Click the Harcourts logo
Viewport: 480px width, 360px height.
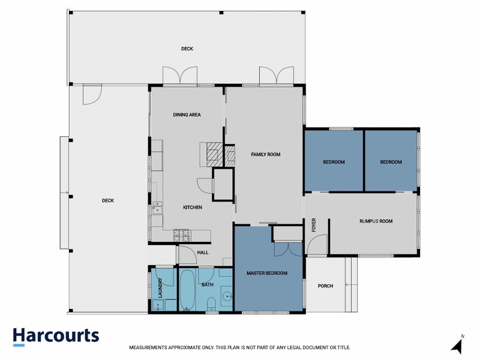(x=56, y=337)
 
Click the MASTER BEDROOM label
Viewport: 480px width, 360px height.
(x=267, y=273)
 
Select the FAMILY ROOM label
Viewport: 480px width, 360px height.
(x=266, y=155)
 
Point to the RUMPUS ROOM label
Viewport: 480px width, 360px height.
(x=376, y=221)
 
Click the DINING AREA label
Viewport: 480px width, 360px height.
(x=187, y=115)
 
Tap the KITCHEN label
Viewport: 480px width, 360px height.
(x=193, y=207)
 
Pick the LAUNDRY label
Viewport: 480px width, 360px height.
(x=160, y=288)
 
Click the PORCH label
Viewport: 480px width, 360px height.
(x=325, y=286)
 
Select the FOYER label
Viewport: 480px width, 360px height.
(x=313, y=225)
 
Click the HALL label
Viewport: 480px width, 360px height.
(x=203, y=253)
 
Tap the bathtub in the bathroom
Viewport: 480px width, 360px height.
(x=187, y=290)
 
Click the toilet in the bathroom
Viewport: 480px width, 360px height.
(x=211, y=304)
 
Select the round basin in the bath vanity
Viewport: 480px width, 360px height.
(x=227, y=296)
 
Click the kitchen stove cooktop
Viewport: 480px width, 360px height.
(x=181, y=235)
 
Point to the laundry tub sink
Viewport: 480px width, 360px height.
(x=158, y=305)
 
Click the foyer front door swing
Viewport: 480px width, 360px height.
(x=317, y=244)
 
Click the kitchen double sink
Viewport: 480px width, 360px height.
(x=157, y=207)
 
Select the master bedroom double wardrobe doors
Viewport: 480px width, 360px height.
(x=288, y=250)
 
